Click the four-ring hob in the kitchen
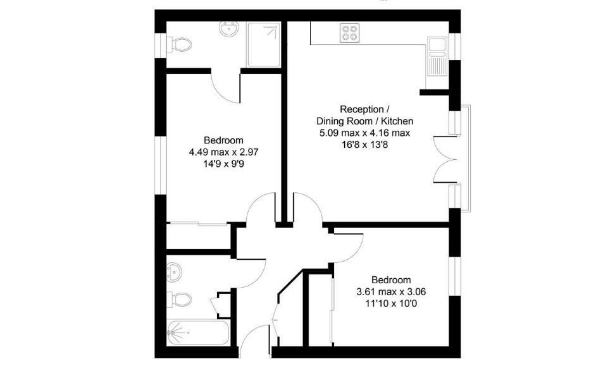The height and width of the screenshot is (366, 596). [x=349, y=32]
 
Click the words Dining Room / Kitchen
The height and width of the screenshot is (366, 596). [x=365, y=121]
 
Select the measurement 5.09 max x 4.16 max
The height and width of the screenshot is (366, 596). [x=365, y=133]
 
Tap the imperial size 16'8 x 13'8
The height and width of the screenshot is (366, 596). [x=365, y=144]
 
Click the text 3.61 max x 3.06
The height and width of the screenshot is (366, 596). [x=390, y=292]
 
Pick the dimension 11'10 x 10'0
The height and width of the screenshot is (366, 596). [x=390, y=303]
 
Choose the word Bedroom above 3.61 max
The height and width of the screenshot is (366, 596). [x=390, y=280]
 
